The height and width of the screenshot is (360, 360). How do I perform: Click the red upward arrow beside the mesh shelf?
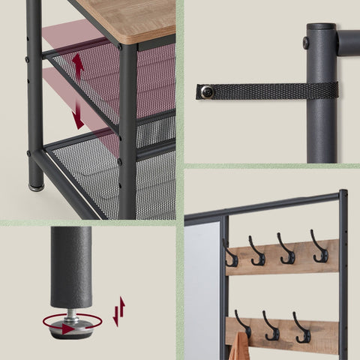77,65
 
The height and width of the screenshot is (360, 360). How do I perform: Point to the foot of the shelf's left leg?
35,183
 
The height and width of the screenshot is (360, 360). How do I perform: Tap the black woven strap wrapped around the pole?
270,90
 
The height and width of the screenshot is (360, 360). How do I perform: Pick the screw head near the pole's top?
307,43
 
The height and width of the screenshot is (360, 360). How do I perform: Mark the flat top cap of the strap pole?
321,26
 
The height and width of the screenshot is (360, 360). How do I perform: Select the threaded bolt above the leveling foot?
72,313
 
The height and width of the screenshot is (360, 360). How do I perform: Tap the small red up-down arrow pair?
118,310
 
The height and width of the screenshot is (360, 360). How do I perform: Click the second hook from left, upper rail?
257,252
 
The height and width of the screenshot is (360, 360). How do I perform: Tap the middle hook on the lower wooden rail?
271,328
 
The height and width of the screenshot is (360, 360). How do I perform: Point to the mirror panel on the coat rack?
202,292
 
